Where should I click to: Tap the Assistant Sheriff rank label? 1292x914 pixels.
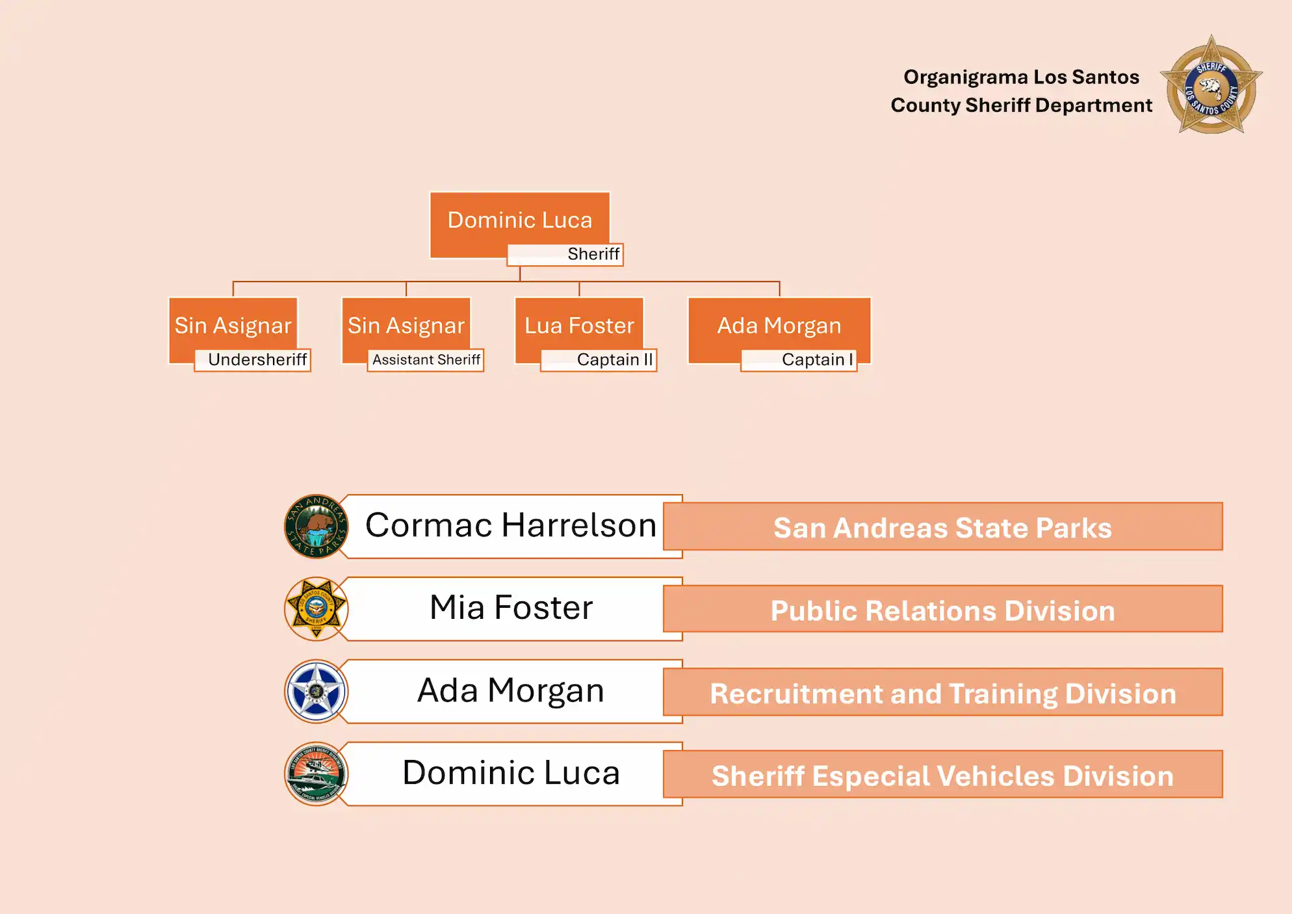pos(426,359)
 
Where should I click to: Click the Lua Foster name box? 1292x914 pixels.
pos(579,325)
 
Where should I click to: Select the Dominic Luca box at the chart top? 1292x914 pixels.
pos(519,220)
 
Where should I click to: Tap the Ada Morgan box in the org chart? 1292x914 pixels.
pos(779,325)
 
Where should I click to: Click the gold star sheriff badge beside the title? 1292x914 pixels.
pos(1211,85)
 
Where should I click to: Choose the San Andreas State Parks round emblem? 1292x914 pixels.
pos(317,526)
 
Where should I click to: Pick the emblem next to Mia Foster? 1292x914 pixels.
pos(317,608)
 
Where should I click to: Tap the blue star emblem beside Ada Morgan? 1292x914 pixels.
pos(317,691)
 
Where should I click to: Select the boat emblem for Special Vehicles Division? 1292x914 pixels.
pos(317,774)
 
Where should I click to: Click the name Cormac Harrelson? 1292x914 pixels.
pos(511,525)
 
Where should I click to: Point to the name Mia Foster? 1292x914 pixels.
pos(511,608)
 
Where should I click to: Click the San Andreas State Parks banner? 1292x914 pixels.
pos(942,527)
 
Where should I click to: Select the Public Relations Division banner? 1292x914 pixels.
pos(942,609)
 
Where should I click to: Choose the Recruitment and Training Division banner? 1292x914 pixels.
pos(942,692)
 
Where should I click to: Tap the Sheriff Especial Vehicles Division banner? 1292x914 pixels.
pos(942,775)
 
